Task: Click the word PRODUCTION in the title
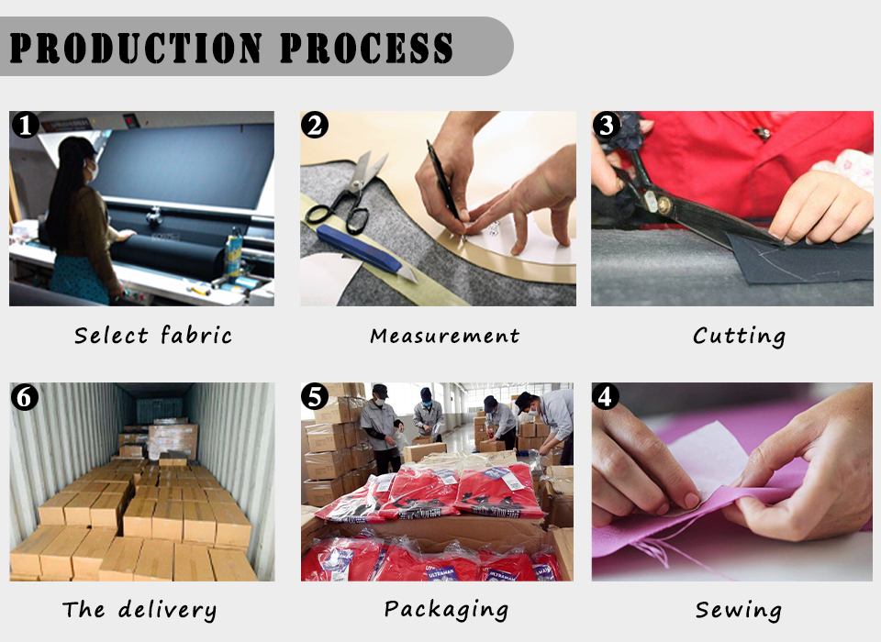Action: click(136, 47)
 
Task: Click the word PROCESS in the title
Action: click(366, 47)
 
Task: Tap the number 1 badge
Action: click(26, 125)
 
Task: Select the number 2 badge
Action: click(315, 125)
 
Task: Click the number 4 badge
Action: click(605, 396)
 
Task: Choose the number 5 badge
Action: click(315, 396)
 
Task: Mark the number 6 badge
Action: click(25, 396)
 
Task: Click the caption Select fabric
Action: click(153, 336)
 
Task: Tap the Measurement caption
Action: click(444, 336)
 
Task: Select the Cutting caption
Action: click(739, 337)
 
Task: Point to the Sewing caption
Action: click(738, 610)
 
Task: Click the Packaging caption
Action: click(446, 609)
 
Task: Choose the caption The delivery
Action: click(139, 610)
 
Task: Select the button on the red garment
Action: click(762, 134)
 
